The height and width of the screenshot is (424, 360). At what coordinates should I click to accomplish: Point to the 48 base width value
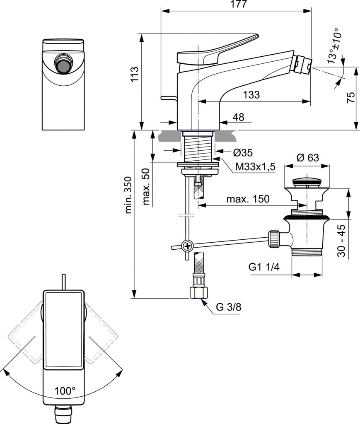tap(238, 118)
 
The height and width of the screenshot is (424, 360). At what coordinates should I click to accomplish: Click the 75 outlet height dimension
tap(350, 98)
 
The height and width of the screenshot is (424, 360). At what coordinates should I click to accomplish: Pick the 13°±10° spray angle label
tap(333, 46)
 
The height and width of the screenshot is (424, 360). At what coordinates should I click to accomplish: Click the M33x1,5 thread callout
tap(255, 167)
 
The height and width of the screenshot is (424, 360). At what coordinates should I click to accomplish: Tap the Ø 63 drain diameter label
tap(307, 158)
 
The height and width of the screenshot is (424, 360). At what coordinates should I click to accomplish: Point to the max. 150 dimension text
tap(248, 199)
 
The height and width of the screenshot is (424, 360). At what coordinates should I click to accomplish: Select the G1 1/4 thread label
tap(264, 267)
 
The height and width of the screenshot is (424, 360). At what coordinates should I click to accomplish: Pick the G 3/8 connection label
tap(228, 307)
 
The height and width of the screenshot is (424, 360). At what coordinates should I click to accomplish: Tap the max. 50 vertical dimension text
tap(145, 187)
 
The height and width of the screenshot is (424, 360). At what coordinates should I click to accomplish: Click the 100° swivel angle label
tap(65, 390)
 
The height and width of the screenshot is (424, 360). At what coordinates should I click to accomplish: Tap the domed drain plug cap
tap(307, 181)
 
